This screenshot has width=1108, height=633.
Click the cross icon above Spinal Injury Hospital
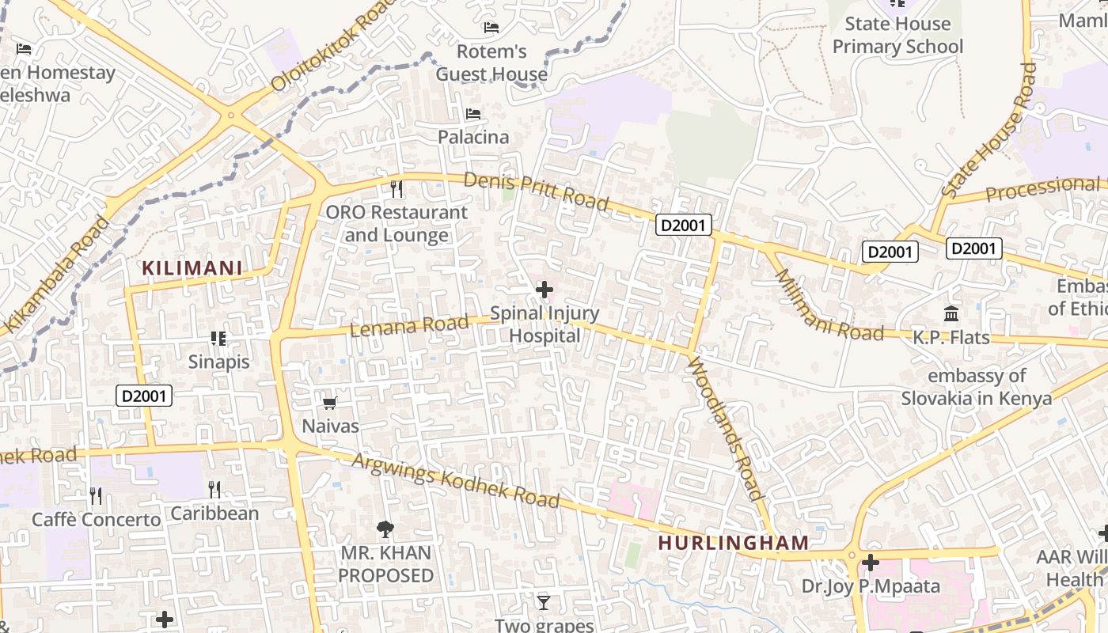point(545,290)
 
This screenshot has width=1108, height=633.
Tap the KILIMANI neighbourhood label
point(192,268)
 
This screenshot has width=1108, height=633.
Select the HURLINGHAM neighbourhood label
point(734,543)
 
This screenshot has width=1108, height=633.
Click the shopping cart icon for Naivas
point(330,404)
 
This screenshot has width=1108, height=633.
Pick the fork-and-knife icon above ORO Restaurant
point(397,189)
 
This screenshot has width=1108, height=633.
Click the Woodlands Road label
point(727,428)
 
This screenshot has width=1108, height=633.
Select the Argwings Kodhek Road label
point(456,480)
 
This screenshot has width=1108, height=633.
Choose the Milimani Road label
point(828,306)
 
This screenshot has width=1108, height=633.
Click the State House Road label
point(990,131)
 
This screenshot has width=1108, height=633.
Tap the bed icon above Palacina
point(473,114)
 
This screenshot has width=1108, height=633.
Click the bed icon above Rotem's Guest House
point(491,28)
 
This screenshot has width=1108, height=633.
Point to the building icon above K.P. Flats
point(951,314)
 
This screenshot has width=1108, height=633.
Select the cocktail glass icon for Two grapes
point(543,603)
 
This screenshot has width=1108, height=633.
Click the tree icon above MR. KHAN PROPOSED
point(385,529)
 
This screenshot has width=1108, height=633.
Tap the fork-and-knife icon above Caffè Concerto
point(96,496)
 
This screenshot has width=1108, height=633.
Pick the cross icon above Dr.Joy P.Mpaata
point(871,563)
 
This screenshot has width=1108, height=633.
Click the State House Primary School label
point(897,36)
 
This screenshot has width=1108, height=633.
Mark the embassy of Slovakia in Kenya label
point(977,387)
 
